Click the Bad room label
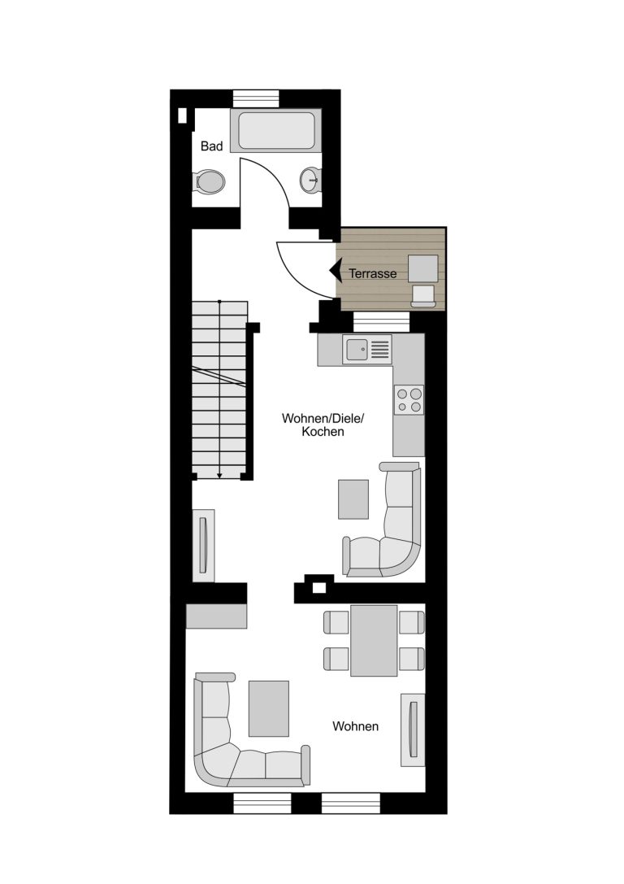(x=212, y=146)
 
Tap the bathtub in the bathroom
(x=276, y=130)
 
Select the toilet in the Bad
(x=209, y=181)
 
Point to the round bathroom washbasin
(x=310, y=180)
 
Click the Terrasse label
(x=373, y=274)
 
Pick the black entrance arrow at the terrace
(x=336, y=271)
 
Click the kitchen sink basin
(x=357, y=350)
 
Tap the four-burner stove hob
(x=409, y=400)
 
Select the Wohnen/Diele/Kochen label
(x=323, y=425)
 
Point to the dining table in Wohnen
(x=374, y=641)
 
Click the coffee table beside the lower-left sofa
(x=269, y=708)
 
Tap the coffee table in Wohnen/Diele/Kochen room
(x=353, y=499)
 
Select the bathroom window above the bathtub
(x=256, y=98)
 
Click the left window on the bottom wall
(x=262, y=803)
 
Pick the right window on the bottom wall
(x=351, y=803)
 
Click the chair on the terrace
(x=423, y=296)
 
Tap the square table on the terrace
(x=423, y=268)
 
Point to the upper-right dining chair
(x=412, y=622)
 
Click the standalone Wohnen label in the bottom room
(x=355, y=727)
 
